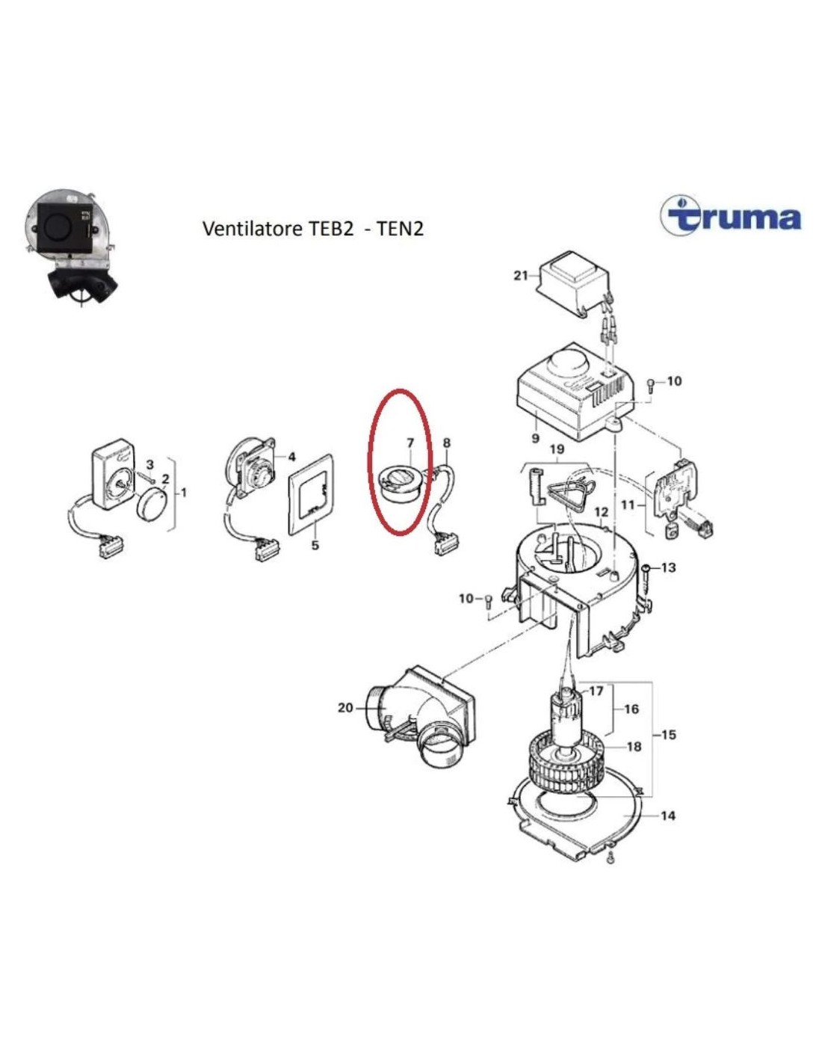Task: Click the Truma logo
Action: click(730, 218)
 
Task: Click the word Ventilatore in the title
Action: click(253, 229)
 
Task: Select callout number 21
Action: click(520, 276)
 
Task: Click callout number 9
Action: click(536, 437)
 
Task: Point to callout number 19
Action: click(557, 449)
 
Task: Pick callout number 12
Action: click(601, 511)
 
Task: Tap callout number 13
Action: click(669, 567)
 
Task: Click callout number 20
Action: click(345, 707)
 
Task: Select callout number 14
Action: click(668, 816)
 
